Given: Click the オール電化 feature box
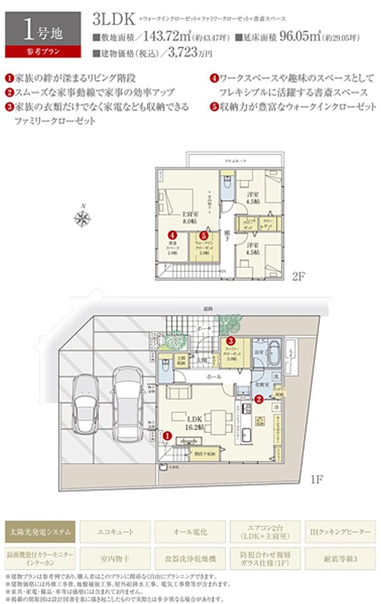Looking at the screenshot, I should coord(190,530).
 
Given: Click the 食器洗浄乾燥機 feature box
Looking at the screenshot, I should coord(190,559).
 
